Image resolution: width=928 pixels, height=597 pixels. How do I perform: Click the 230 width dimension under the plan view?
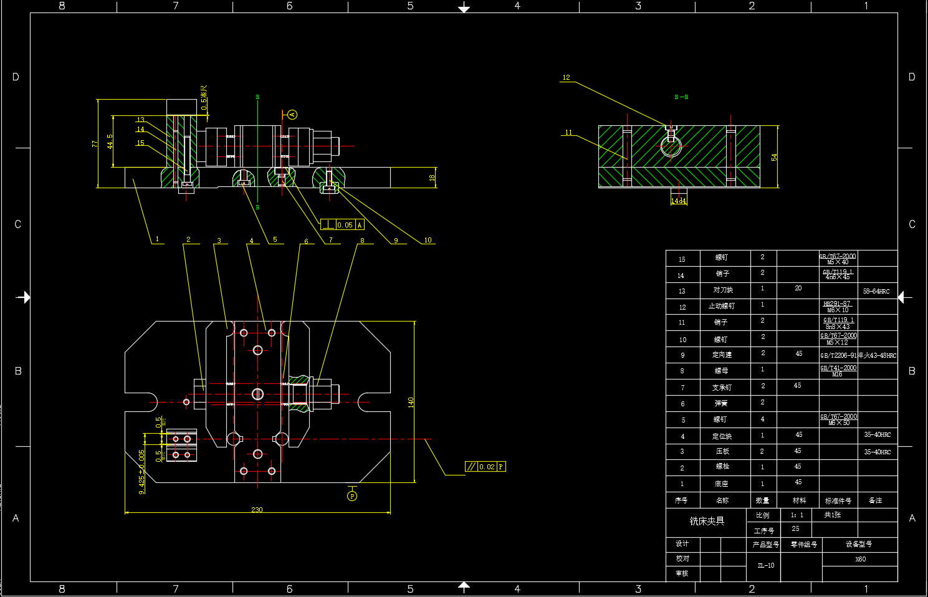[257, 510]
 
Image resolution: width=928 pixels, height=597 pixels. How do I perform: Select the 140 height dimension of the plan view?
[411, 402]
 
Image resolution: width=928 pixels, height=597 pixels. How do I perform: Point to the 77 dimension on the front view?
[95, 143]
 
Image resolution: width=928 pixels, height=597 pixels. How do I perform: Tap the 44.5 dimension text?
[110, 141]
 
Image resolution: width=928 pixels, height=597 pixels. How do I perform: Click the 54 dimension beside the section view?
[774, 157]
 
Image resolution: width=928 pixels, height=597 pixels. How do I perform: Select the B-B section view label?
[681, 97]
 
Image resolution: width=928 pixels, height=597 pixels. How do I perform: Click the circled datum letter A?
[292, 115]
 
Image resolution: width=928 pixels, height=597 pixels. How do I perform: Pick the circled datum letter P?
[352, 496]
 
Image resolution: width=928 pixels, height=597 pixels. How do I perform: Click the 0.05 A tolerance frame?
[342, 225]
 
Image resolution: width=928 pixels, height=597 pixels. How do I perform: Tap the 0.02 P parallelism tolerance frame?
[486, 467]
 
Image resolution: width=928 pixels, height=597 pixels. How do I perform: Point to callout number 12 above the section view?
[566, 78]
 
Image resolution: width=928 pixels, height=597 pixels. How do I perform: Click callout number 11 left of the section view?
[568, 132]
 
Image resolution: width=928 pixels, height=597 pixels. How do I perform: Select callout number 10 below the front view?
[428, 240]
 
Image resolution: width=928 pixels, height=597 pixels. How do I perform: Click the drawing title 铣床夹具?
[707, 521]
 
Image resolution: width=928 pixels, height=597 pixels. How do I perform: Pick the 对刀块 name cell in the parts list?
[723, 290]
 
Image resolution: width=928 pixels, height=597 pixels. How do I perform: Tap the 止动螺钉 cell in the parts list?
[722, 307]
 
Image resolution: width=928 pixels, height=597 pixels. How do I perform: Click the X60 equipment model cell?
[860, 559]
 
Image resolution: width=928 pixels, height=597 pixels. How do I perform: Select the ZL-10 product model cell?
[766, 566]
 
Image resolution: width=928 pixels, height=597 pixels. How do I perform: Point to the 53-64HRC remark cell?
[876, 291]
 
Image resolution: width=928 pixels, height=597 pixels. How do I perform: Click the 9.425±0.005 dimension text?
[142, 471]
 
